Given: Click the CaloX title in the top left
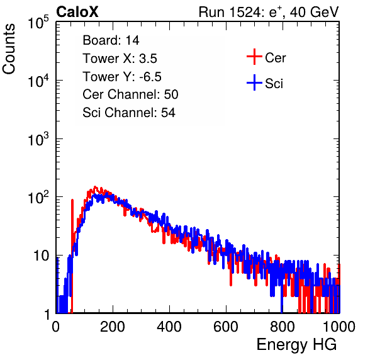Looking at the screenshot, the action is (x=77, y=12).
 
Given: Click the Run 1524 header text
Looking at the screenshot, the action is (x=269, y=12).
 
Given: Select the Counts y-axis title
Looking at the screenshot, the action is (x=9, y=49).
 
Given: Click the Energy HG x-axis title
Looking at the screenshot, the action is (x=296, y=345).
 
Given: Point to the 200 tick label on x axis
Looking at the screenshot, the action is (x=113, y=327).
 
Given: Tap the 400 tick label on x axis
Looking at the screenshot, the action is (x=169, y=327).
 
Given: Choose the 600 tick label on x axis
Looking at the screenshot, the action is (x=226, y=327).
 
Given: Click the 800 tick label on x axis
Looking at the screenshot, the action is (x=283, y=327).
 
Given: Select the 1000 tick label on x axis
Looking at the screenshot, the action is (x=339, y=327).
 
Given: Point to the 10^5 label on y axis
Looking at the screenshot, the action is (x=38, y=23).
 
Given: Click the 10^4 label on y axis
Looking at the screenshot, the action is (x=38, y=81).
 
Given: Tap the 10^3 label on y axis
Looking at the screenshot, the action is (x=38, y=139).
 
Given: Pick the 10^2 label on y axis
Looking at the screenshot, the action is (x=38, y=198).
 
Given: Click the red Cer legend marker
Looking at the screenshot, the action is (x=254, y=57).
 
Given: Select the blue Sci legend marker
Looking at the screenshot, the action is (x=254, y=83).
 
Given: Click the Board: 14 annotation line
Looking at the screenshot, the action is (x=111, y=40).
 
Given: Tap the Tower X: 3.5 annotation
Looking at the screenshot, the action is (x=120, y=59).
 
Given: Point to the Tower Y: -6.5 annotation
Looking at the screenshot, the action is (x=122, y=77).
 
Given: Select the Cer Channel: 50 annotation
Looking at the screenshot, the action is (x=130, y=94).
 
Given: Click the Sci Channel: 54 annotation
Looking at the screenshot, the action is (x=129, y=113).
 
